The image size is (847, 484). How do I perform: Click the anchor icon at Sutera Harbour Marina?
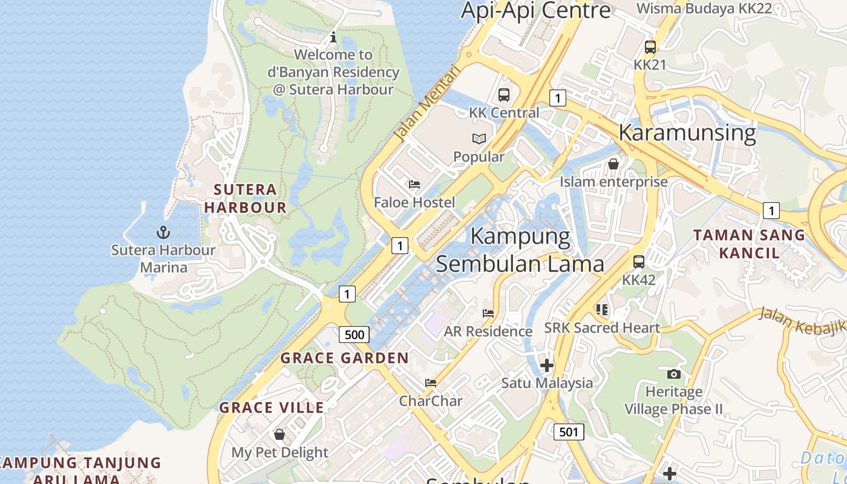tap(163, 232)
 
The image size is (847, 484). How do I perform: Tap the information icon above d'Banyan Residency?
tap(333, 38)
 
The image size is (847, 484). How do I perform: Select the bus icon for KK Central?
tap(503, 95)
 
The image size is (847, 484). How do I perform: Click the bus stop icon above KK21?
tap(650, 47)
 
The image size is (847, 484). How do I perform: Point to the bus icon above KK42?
tap(639, 262)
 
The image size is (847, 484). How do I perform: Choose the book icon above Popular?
tap(479, 139)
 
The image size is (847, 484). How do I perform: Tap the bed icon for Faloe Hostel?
tap(414, 185)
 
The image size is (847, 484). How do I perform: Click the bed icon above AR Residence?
tap(488, 313)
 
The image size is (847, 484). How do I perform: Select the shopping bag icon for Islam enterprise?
tap(613, 164)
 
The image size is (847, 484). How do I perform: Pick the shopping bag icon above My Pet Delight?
tap(280, 434)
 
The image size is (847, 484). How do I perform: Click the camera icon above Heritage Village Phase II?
tap(673, 374)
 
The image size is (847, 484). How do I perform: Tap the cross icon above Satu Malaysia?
tap(547, 365)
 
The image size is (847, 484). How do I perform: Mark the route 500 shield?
tap(354, 335)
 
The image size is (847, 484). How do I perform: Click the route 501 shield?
tap(569, 431)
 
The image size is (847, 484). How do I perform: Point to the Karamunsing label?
tap(687, 132)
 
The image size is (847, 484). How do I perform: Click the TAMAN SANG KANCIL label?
tap(749, 244)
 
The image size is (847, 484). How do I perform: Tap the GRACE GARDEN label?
tap(345, 358)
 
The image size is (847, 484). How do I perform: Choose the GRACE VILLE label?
tap(272, 408)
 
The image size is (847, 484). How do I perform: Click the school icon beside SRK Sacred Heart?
tap(602, 310)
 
